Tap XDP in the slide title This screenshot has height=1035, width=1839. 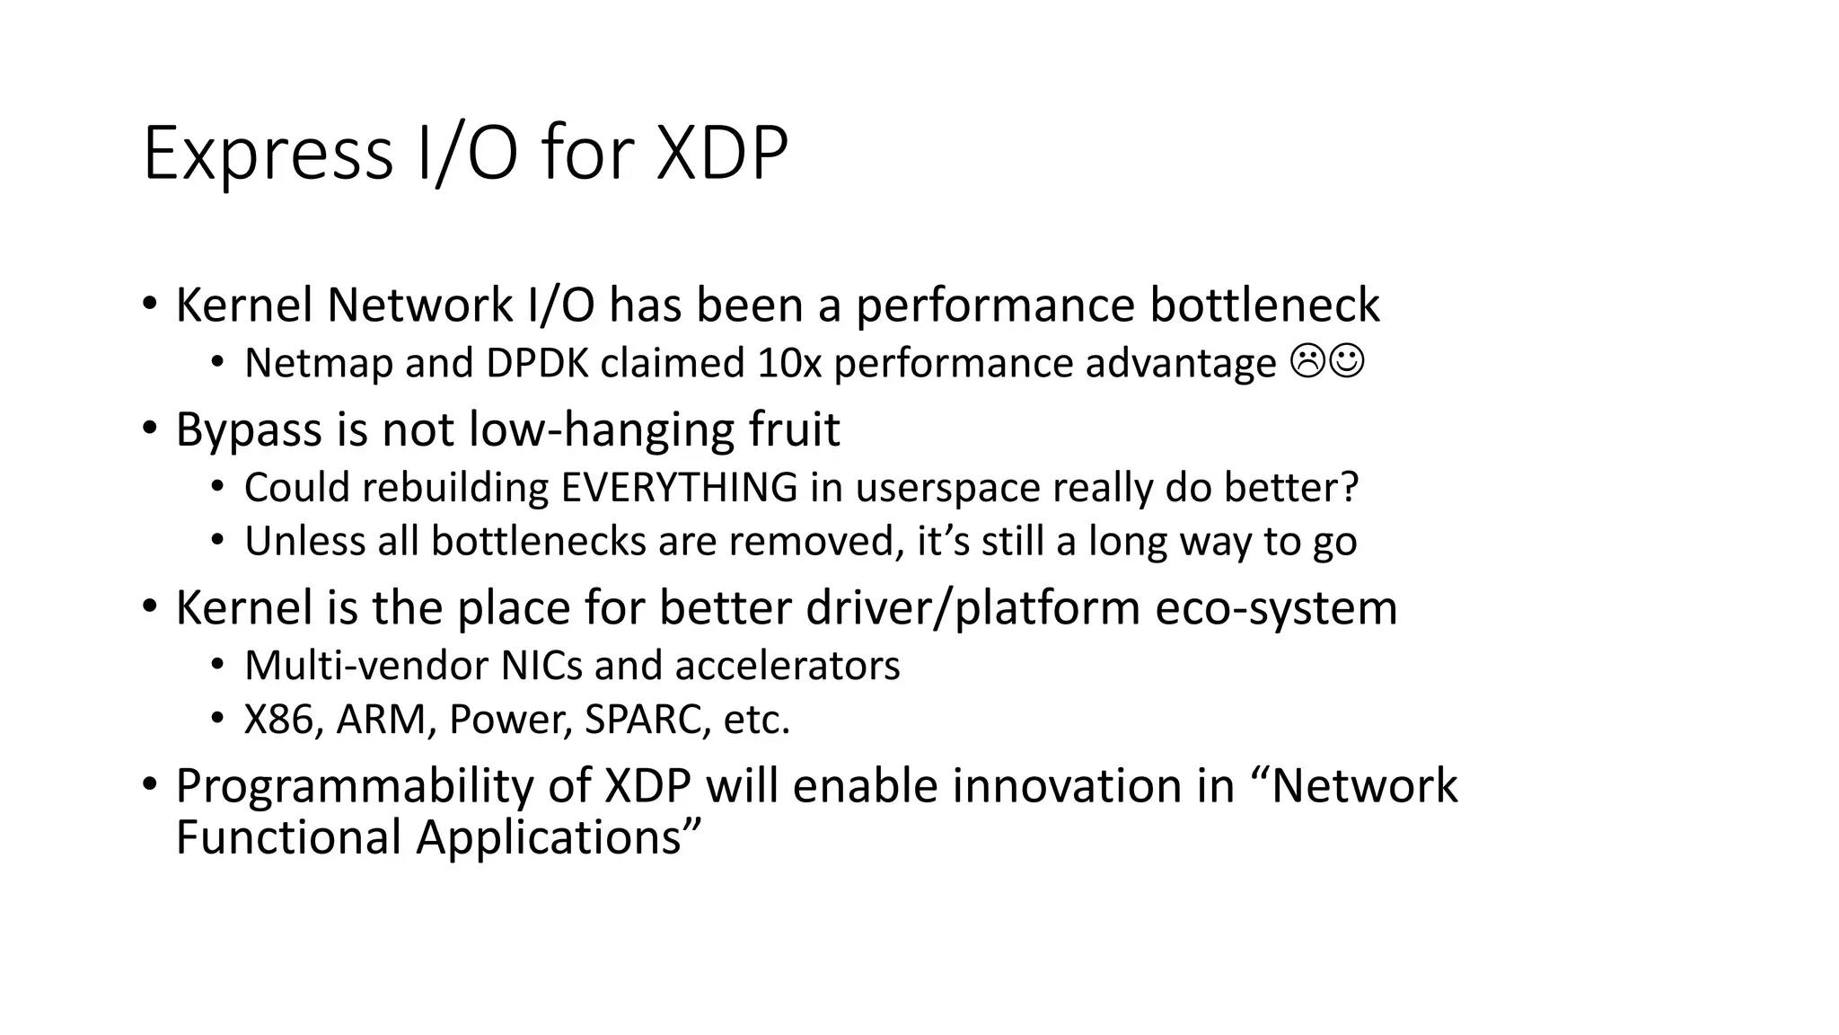click(722, 154)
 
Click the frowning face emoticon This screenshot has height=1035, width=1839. click(1307, 362)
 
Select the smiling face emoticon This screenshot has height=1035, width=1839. click(1347, 362)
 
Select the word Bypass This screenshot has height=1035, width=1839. click(249, 430)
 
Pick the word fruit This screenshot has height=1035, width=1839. click(795, 429)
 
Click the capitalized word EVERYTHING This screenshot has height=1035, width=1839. click(679, 488)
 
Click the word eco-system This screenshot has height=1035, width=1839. click(1276, 608)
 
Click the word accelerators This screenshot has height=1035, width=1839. click(787, 666)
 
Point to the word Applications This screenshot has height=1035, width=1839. click(557, 837)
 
